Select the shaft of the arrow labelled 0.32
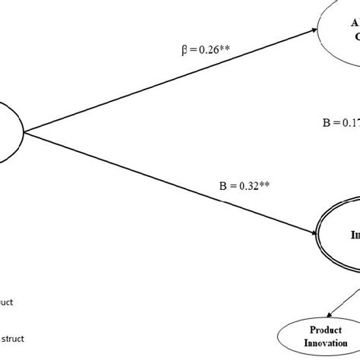(175, 181)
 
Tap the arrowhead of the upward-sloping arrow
(315, 31)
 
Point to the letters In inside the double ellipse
(355, 235)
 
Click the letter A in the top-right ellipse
(354, 23)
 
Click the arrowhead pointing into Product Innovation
(332, 314)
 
